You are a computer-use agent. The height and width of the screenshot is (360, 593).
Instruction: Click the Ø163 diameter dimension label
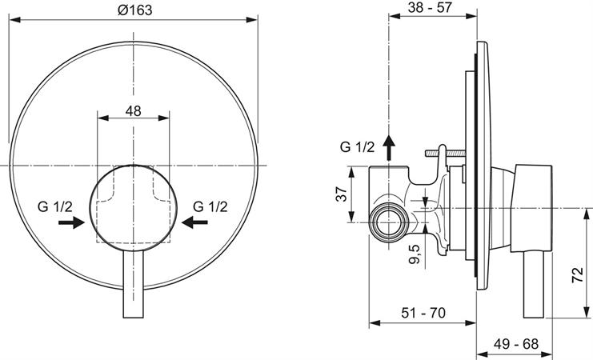coord(134,10)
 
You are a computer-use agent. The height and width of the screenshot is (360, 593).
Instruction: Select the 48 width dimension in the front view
coord(133,111)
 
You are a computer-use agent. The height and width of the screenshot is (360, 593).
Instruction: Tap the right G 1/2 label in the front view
coord(212,206)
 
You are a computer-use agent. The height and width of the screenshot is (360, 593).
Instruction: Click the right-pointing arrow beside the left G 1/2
coord(72,223)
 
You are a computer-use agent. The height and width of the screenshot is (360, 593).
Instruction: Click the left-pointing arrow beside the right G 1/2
coord(194,223)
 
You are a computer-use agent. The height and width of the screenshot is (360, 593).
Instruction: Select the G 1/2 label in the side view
coord(357,147)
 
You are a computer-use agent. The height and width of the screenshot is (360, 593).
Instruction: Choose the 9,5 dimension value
coord(413,257)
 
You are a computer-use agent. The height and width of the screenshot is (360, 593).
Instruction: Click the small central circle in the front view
coord(133,202)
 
